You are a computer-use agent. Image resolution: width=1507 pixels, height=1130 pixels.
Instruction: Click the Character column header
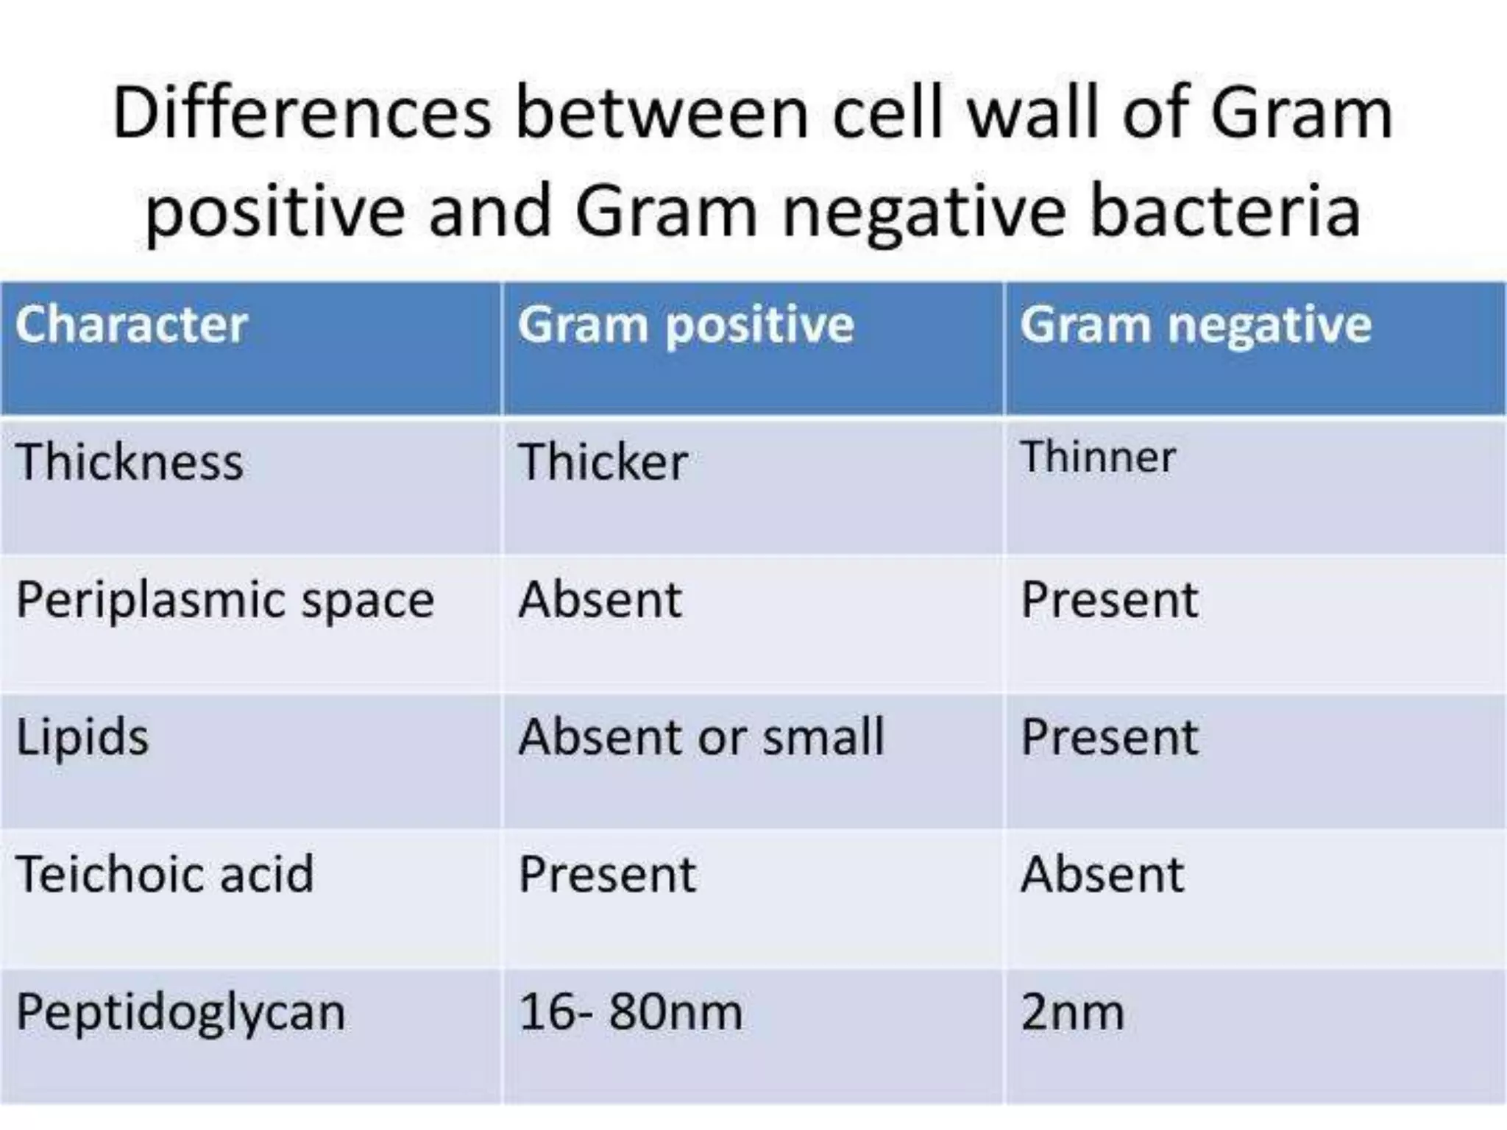click(131, 325)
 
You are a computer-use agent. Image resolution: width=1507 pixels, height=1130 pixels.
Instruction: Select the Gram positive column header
click(685, 325)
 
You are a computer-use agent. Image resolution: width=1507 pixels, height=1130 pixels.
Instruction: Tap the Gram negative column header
click(1195, 325)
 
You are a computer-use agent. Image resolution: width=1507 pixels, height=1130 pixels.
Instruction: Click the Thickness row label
click(130, 462)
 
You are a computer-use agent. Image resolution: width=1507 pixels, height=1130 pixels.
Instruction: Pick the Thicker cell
click(603, 462)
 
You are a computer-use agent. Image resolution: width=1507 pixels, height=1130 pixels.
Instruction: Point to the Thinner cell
click(1098, 457)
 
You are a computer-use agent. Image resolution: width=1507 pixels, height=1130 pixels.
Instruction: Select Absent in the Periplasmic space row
click(600, 600)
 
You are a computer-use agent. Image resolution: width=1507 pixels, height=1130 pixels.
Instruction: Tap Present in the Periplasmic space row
click(1110, 600)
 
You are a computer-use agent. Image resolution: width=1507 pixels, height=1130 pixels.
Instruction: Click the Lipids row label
click(82, 737)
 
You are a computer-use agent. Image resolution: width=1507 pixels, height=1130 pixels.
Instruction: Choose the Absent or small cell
click(701, 737)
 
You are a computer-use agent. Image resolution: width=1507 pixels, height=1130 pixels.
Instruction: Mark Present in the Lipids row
click(1110, 737)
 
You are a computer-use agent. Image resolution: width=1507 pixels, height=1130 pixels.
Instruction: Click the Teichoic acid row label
click(165, 875)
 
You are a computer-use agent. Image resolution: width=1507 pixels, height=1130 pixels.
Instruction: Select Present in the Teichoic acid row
click(607, 875)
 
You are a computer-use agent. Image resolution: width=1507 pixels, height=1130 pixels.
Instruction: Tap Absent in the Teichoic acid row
click(1102, 875)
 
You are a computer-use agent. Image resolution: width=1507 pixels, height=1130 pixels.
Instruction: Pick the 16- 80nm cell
click(630, 1012)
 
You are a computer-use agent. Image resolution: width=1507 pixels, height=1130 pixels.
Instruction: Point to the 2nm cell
click(1072, 1012)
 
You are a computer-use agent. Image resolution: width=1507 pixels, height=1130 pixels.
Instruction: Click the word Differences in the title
click(302, 114)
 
